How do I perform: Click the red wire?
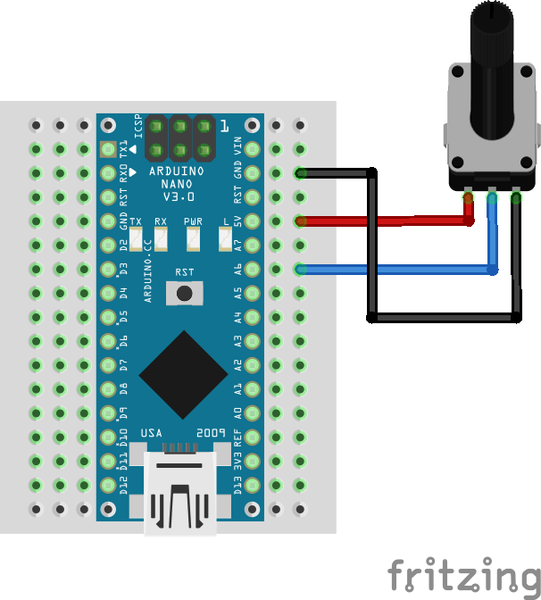pyautogui.click(x=384, y=221)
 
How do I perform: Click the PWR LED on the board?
pyautogui.click(x=193, y=238)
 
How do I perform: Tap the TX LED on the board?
pyautogui.click(x=137, y=238)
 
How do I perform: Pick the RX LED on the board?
pyautogui.click(x=161, y=238)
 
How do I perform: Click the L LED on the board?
pyautogui.click(x=225, y=238)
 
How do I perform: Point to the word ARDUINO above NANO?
pyautogui.click(x=177, y=171)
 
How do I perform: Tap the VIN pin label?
pyautogui.click(x=238, y=146)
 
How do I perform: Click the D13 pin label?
pyautogui.click(x=238, y=485)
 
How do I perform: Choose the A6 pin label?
pyautogui.click(x=238, y=268)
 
